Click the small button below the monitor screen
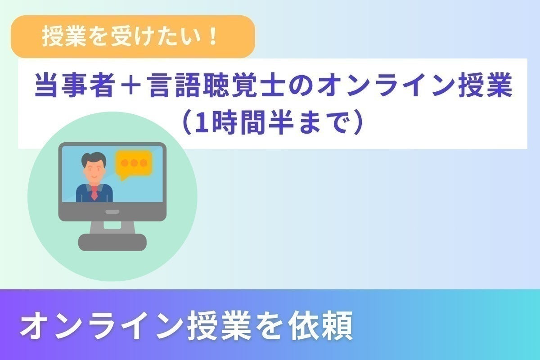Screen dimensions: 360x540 click(112, 211)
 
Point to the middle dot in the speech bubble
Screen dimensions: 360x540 click(134, 162)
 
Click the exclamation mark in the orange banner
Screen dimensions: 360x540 click(212, 37)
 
